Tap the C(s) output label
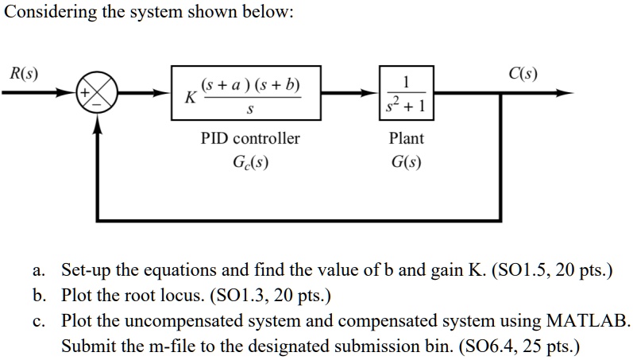pyautogui.click(x=522, y=75)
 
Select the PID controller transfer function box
pyautogui.click(x=248, y=94)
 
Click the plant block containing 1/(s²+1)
pyautogui.click(x=407, y=94)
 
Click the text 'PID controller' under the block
pyautogui.click(x=249, y=138)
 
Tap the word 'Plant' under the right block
pyautogui.click(x=407, y=138)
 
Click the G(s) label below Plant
pyautogui.click(x=407, y=164)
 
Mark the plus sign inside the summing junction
pyautogui.click(x=83, y=93)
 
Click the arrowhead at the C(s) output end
pyautogui.click(x=565, y=94)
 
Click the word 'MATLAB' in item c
pyautogui.click(x=589, y=321)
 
